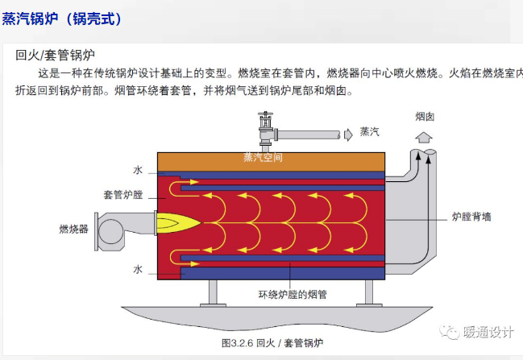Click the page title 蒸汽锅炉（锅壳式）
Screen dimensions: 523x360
(x=62, y=19)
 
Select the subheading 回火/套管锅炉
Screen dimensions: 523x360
(x=56, y=55)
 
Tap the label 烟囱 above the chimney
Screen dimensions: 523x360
(x=425, y=117)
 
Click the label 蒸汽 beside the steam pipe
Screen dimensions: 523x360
(x=370, y=131)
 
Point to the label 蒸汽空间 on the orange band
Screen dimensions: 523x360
(x=263, y=157)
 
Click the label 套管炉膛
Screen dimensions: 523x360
(x=123, y=194)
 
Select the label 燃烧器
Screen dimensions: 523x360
(x=73, y=229)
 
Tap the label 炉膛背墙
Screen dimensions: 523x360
(x=471, y=217)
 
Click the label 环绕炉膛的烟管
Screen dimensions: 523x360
(x=293, y=294)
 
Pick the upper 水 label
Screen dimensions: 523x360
(x=138, y=170)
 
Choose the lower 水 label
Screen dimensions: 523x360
(x=138, y=269)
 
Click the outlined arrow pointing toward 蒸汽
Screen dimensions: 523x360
(x=348, y=134)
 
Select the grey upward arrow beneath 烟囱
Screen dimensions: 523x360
(x=424, y=138)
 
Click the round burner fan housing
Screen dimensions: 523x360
(x=110, y=231)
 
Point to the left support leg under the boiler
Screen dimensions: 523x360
(x=213, y=293)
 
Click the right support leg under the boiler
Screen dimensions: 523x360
(x=369, y=293)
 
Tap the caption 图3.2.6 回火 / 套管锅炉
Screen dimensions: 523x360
(x=272, y=342)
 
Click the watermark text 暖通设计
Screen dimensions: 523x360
(x=488, y=333)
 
